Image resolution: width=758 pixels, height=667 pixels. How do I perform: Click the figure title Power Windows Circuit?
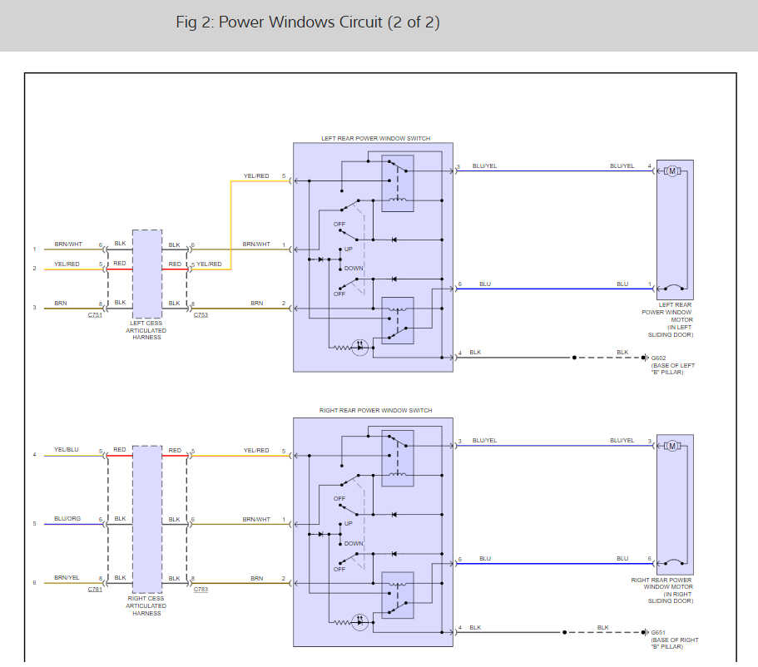308,22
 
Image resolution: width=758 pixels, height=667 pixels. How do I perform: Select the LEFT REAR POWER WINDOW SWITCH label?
376,138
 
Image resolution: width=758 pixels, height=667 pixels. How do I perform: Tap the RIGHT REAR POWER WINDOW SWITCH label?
376,411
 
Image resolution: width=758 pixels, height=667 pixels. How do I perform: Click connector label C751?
95,315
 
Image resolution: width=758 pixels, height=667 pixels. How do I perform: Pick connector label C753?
201,315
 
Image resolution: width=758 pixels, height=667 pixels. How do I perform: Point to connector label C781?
95,589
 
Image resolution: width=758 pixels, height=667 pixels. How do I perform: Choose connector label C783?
201,589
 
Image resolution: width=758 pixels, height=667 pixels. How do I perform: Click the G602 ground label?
659,358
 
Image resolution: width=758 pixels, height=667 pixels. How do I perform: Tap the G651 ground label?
659,632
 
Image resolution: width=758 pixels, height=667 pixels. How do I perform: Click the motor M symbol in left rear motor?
672,171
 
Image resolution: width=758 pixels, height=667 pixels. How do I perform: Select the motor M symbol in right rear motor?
672,446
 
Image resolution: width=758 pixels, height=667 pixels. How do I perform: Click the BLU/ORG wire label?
67,519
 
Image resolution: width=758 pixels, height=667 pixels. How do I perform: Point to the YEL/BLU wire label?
67,450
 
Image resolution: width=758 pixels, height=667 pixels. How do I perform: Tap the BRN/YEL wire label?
67,577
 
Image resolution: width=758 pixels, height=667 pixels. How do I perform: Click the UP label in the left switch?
349,249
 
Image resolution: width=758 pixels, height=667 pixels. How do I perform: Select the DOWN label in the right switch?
354,543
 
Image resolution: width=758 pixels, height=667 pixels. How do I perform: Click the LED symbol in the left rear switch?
360,347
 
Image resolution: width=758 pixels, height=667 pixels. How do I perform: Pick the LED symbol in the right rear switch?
360,621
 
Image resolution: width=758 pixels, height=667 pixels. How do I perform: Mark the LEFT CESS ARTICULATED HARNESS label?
146,330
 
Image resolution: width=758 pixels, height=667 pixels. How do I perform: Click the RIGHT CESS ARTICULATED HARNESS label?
146,605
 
